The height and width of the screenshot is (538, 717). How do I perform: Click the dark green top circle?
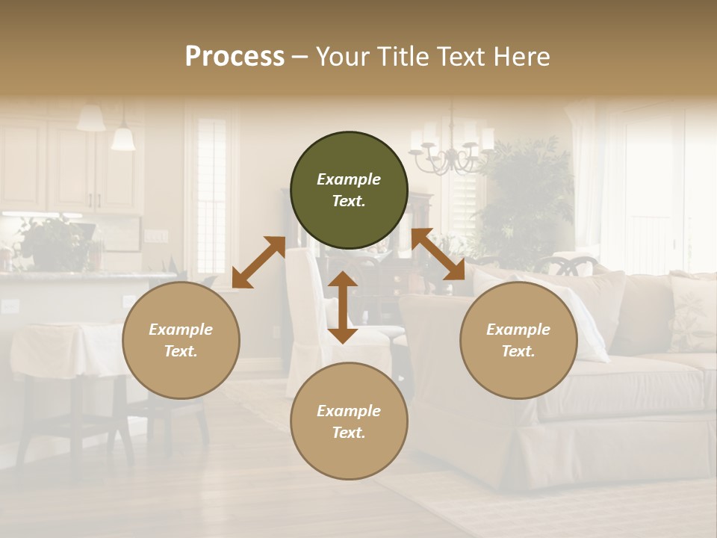tap(349, 190)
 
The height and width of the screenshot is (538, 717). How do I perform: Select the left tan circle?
tap(181, 340)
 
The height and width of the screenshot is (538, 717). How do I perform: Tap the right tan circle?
tap(518, 340)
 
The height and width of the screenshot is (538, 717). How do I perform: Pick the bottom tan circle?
tap(349, 421)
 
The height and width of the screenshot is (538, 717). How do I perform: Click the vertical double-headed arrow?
tap(343, 307)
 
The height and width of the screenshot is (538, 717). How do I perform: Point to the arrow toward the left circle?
tap(258, 262)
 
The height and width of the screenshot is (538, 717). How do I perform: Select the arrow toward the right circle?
tap(438, 255)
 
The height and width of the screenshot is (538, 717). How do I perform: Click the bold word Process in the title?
tap(235, 57)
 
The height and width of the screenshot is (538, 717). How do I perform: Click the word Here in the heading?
tap(521, 57)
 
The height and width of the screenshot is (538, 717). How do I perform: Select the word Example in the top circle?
tap(349, 179)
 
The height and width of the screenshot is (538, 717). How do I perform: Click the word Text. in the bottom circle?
tap(349, 433)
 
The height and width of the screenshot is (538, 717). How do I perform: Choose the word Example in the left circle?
tap(181, 330)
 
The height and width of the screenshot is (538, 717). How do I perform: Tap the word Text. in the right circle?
tap(518, 351)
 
